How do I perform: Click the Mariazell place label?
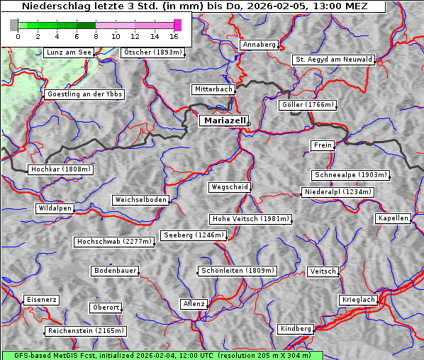coord(223,120)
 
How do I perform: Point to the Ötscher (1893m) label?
coord(152,52)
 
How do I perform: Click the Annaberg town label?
coord(259,45)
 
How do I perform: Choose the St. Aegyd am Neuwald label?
coord(333,60)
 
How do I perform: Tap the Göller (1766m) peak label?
coord(307,105)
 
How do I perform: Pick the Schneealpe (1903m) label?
coord(350,175)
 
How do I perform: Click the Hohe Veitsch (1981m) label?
coord(250,219)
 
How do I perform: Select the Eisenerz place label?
coord(41,300)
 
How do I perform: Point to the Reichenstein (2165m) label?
coord(86,331)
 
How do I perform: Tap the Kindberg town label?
coord(296,329)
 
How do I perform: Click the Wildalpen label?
coord(55,208)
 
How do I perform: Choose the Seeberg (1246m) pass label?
coord(194,235)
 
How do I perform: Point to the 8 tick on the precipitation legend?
coord(96,36)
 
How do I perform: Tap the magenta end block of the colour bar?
coord(177,25)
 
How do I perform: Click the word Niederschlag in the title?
coord(52,6)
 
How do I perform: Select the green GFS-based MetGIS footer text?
coord(162,355)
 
